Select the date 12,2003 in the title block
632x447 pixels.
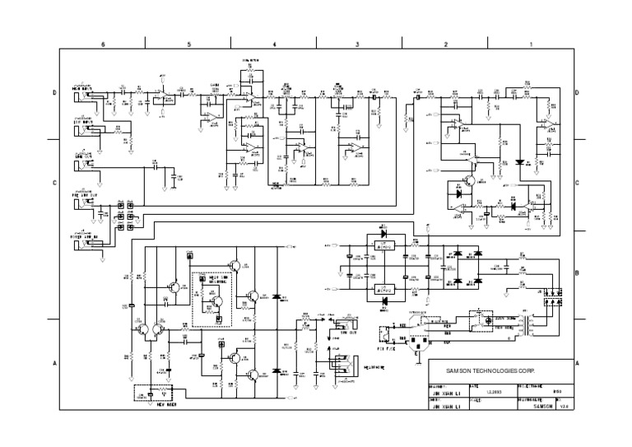coord(491,392)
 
